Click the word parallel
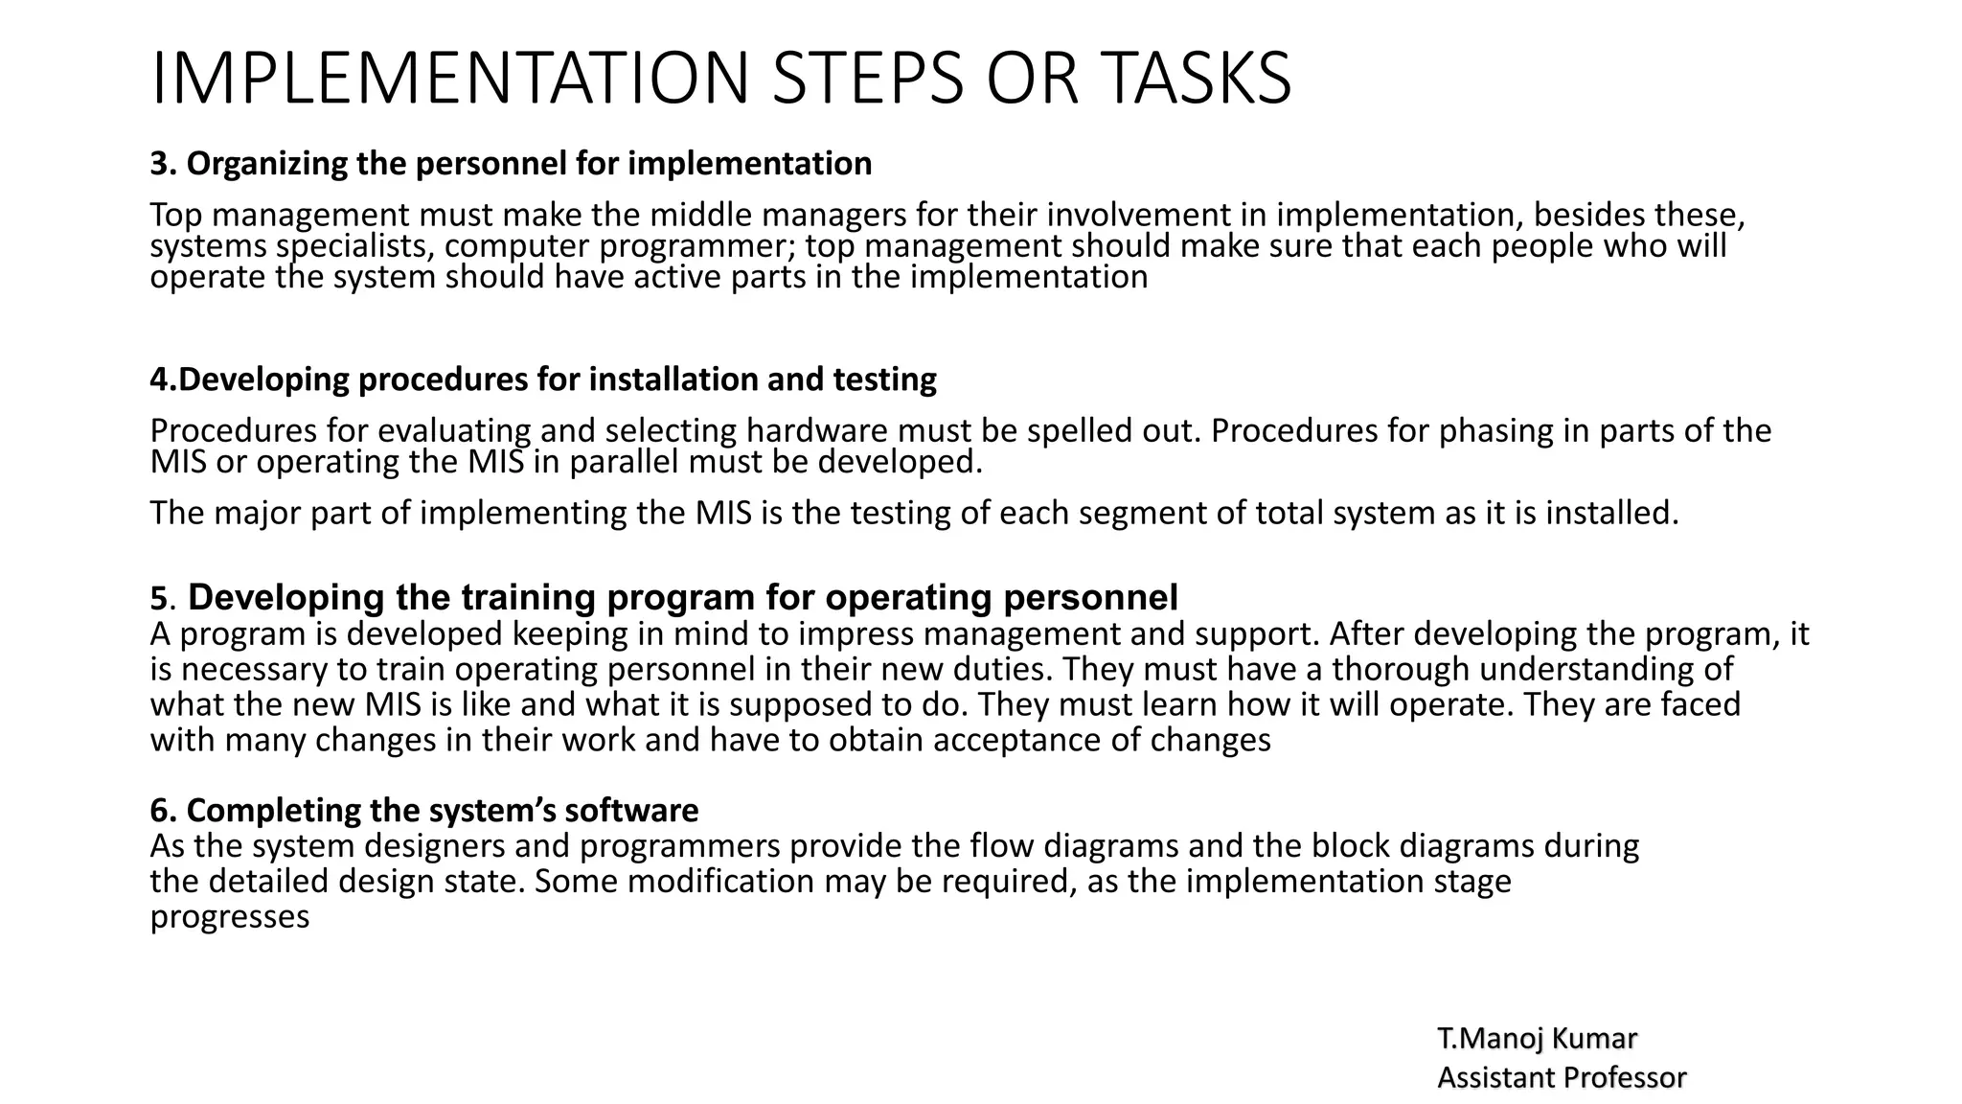pos(625,463)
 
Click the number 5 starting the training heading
pos(158,599)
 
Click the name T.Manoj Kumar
pos(1538,1038)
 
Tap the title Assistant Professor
pos(1562,1078)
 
